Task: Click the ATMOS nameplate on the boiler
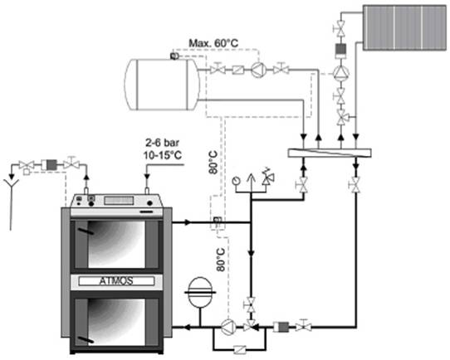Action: click(116, 281)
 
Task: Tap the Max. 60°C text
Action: click(213, 43)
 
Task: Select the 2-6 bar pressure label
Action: click(163, 143)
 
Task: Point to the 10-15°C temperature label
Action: click(163, 155)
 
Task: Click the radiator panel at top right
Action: click(404, 28)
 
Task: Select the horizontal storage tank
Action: click(162, 85)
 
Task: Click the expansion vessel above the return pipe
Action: click(200, 292)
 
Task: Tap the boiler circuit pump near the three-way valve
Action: click(228, 327)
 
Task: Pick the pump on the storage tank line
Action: click(259, 69)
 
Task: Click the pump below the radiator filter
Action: click(340, 72)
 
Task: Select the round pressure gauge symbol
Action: click(236, 181)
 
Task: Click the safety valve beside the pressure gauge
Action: click(268, 178)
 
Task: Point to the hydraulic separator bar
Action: click(330, 153)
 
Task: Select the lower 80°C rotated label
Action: click(220, 260)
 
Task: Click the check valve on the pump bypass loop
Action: click(239, 350)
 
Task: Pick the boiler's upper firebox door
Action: click(116, 244)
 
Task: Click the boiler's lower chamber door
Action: click(116, 322)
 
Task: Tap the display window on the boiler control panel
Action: click(119, 201)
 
